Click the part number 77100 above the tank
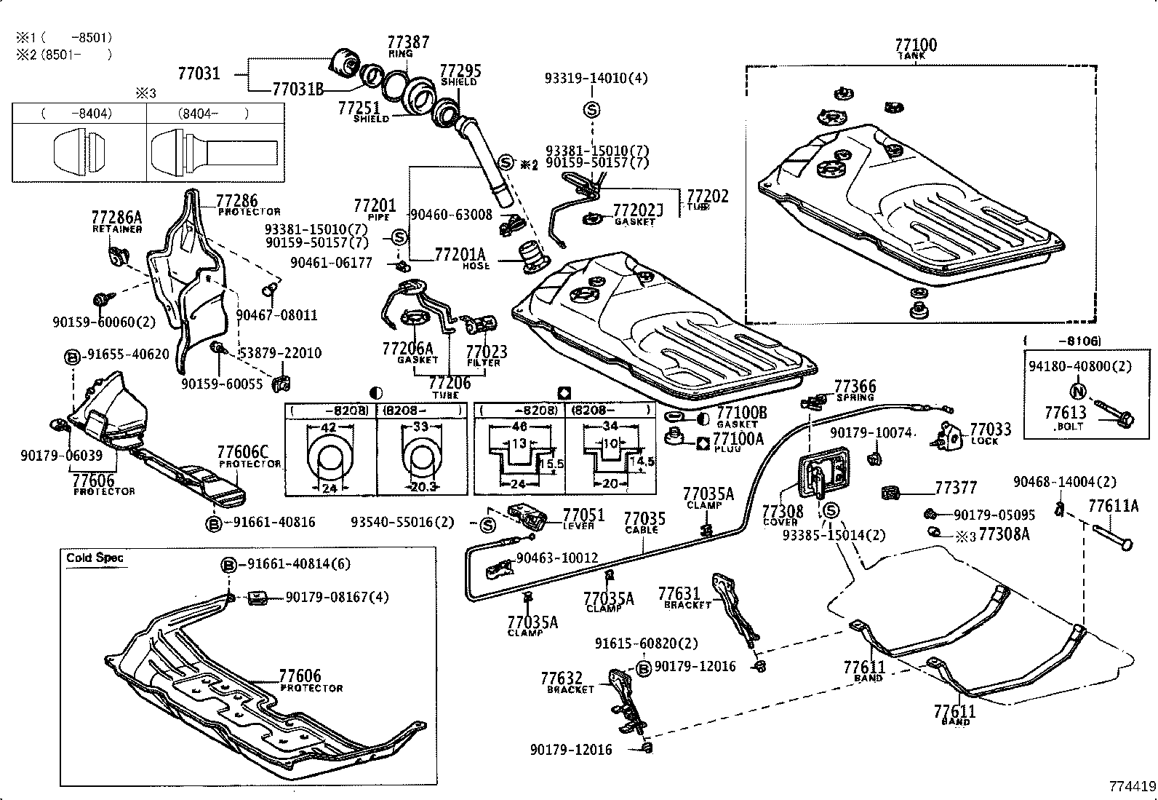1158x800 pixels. (915, 45)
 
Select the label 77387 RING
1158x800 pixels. (407, 46)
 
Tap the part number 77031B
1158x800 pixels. (298, 90)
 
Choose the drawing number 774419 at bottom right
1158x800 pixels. (1132, 787)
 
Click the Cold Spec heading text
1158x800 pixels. (95, 558)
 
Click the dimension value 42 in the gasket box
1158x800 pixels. (329, 428)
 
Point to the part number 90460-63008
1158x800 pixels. (451, 215)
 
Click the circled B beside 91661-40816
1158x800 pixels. (213, 523)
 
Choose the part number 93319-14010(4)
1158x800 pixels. (596, 78)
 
